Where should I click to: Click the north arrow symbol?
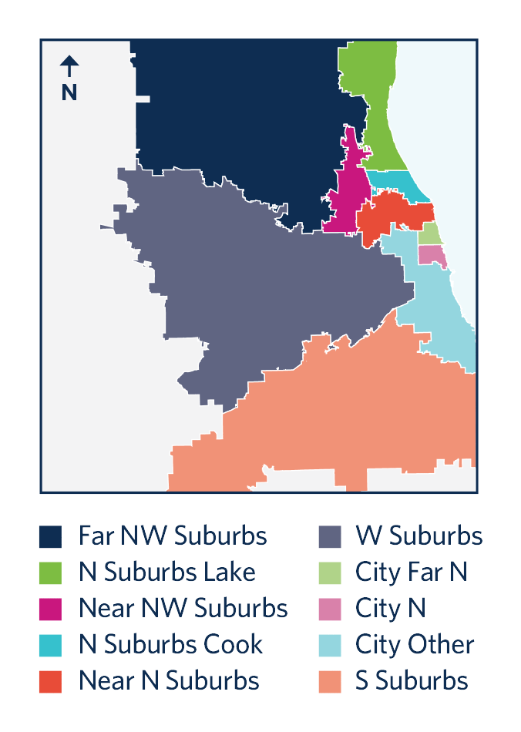[69, 66]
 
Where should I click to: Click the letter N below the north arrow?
[69, 92]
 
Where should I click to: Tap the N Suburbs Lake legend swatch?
[52, 573]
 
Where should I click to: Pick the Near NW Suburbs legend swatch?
[52, 609]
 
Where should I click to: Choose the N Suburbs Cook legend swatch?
[52, 645]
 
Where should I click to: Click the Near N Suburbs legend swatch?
[52, 681]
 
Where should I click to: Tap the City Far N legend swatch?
[328, 573]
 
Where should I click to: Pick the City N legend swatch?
[328, 609]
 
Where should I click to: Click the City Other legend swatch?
[328, 645]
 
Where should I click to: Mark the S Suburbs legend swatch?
[328, 681]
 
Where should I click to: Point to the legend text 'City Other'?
[415, 645]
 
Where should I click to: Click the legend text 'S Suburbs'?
[412, 681]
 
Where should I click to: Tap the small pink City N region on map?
[432, 256]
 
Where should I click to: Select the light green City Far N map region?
[430, 233]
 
